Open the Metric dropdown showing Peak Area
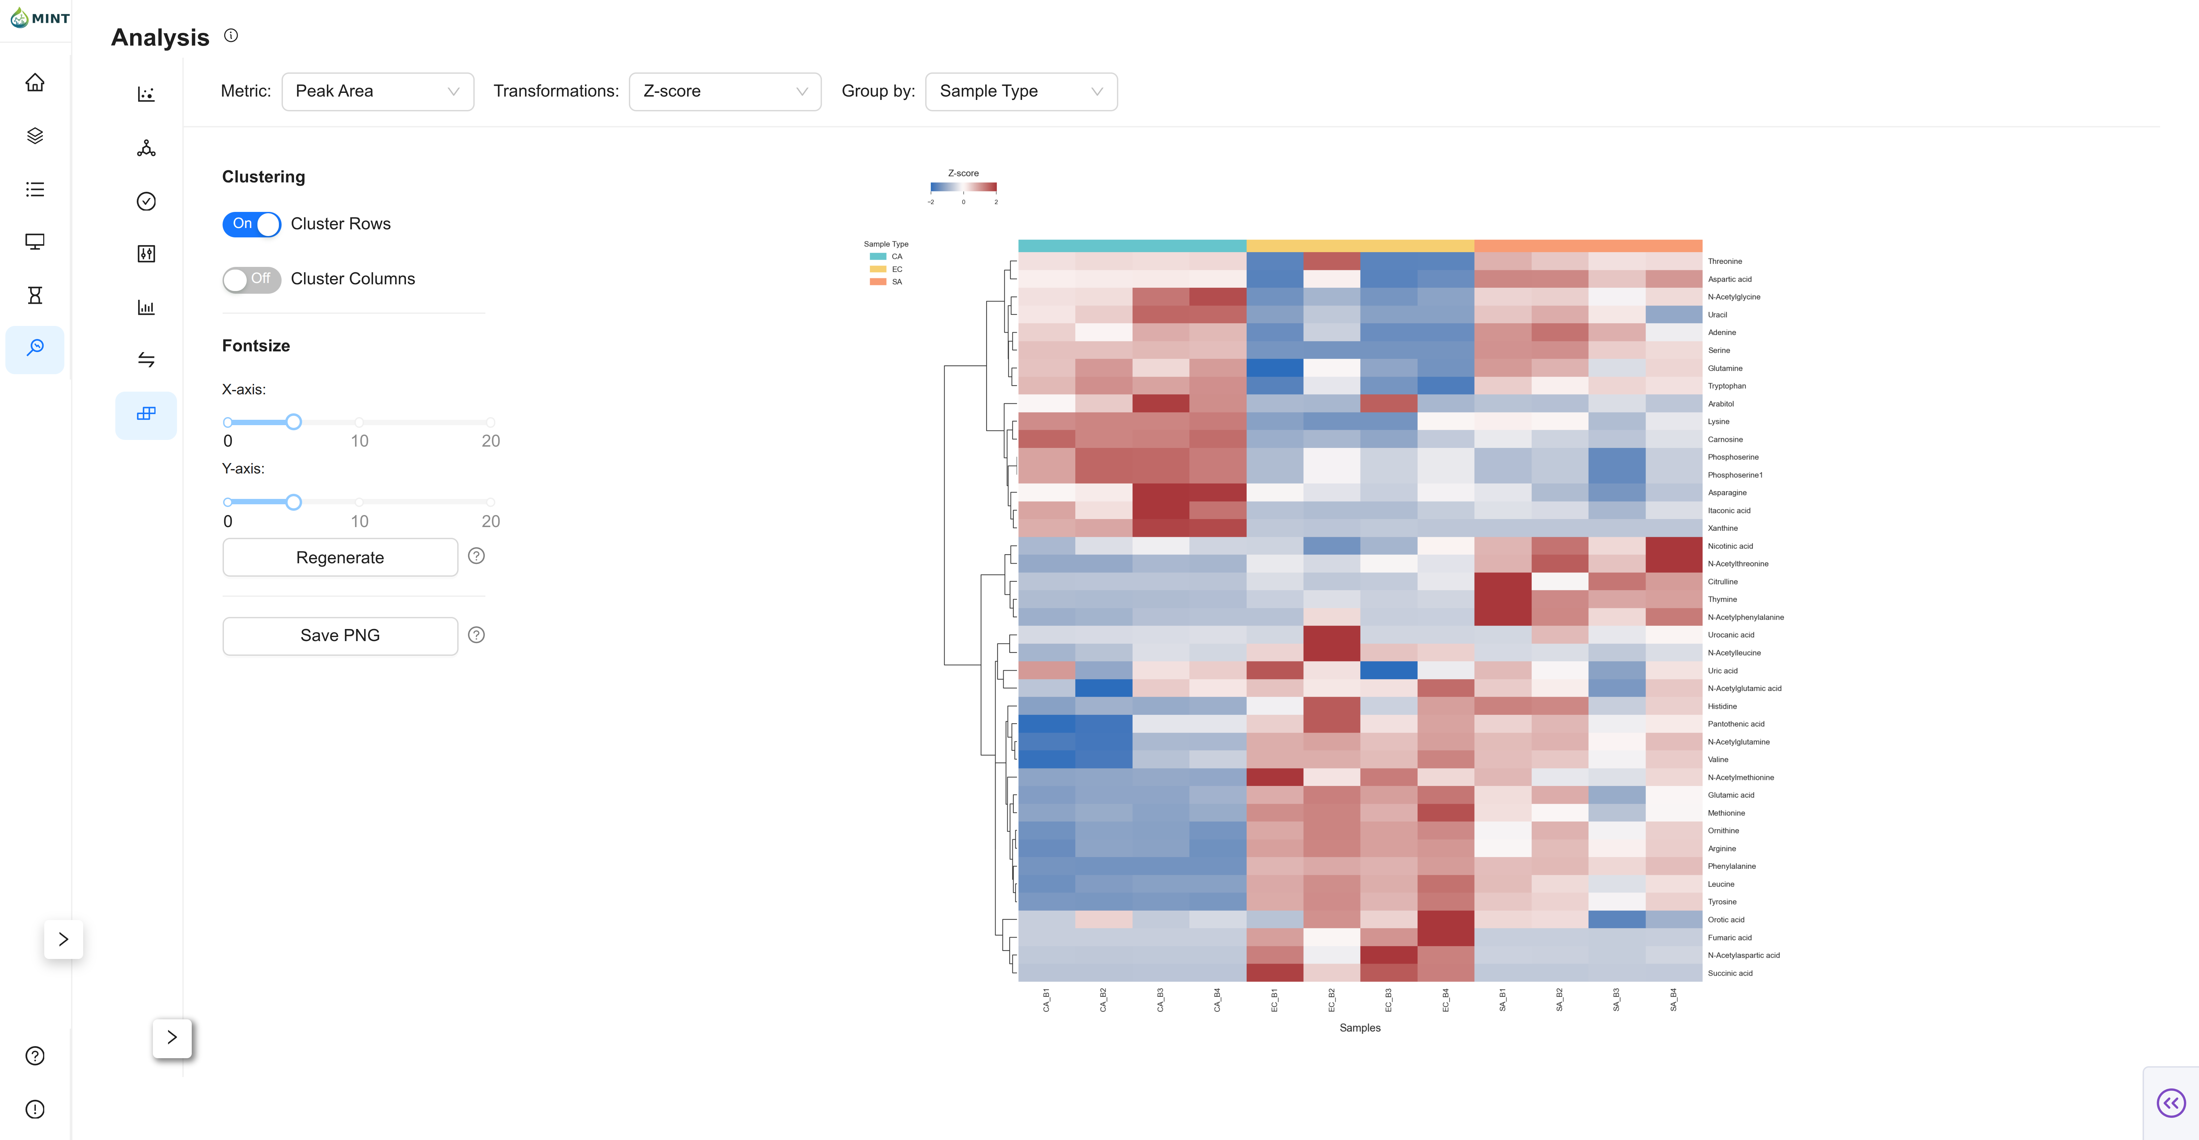(377, 92)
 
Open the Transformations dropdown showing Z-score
(725, 92)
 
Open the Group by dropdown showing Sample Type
(1021, 92)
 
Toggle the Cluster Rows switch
(252, 224)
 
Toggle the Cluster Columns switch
(252, 279)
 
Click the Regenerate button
(340, 558)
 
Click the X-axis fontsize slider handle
(294, 422)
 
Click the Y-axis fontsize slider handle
(294, 502)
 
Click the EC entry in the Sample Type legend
(896, 269)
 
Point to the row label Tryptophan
(1726, 386)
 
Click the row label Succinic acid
(1729, 973)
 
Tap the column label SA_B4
(1673, 1000)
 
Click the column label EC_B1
(1274, 1000)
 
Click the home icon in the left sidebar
(35, 83)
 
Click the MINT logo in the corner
(40, 18)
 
